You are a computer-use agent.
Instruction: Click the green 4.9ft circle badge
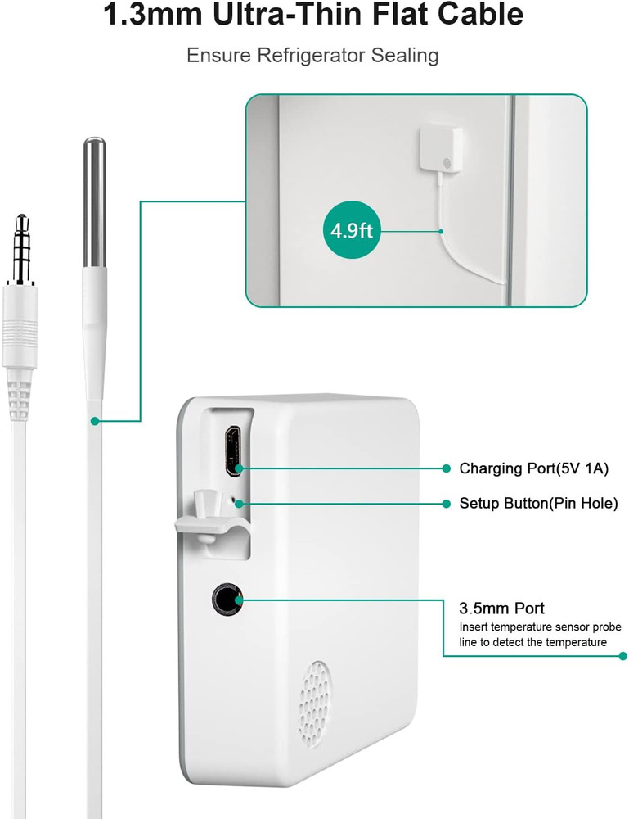coord(352,230)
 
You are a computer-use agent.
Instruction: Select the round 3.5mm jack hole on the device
coord(225,600)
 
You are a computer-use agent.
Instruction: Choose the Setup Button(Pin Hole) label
coord(538,503)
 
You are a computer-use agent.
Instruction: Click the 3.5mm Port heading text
coord(502,609)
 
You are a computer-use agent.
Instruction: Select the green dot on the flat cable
coord(95,421)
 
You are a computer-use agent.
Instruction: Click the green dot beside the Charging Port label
coord(446,468)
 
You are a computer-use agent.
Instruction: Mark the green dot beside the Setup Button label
coord(446,503)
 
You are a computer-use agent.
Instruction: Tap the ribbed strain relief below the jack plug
coord(19,391)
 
